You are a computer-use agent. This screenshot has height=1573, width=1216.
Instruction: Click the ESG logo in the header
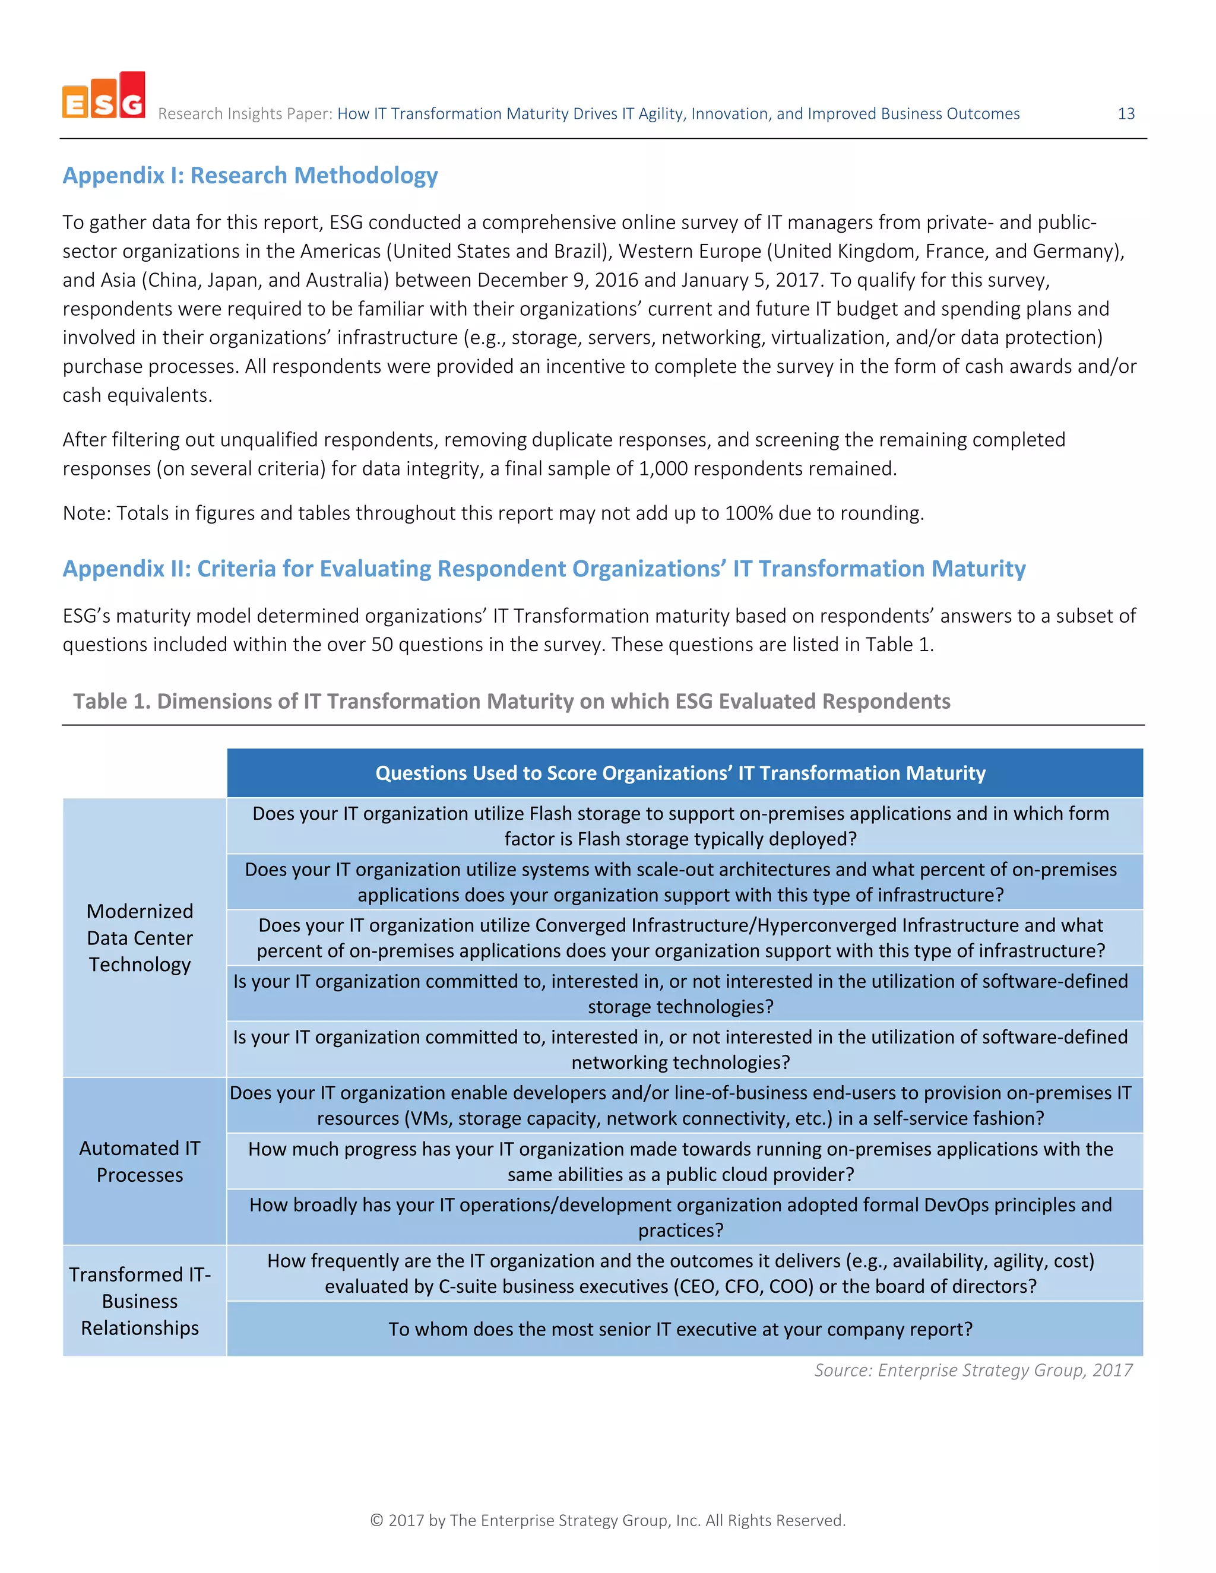[x=104, y=96]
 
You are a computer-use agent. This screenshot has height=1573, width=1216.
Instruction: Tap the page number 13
[x=1125, y=114]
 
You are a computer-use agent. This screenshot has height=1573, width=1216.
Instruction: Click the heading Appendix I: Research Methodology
[x=250, y=176]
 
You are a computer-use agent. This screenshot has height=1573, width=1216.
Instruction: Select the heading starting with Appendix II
[x=543, y=569]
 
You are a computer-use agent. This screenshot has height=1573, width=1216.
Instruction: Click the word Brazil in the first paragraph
[x=581, y=251]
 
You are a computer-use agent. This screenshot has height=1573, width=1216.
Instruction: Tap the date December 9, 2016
[x=557, y=280]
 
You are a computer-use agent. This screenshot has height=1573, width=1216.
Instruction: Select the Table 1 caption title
[x=511, y=702]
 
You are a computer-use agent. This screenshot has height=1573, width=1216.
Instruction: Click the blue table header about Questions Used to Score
[x=680, y=773]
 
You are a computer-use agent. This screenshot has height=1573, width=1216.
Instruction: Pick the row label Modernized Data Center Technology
[x=140, y=938]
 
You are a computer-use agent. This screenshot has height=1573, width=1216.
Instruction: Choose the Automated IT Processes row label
[x=140, y=1161]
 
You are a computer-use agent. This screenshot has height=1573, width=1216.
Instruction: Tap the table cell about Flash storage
[x=680, y=826]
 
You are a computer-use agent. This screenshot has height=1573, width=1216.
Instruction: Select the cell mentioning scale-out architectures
[x=680, y=882]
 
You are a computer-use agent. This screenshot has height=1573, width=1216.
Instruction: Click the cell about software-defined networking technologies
[x=680, y=1049]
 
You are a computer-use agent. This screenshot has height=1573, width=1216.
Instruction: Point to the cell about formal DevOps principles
[x=680, y=1217]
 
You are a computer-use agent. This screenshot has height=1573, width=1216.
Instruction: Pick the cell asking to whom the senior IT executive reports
[x=680, y=1329]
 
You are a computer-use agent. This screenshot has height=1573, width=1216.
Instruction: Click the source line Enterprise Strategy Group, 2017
[x=973, y=1370]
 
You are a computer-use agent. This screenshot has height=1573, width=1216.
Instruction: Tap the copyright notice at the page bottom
[x=607, y=1520]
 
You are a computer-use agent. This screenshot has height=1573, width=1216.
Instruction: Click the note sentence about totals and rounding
[x=493, y=513]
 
